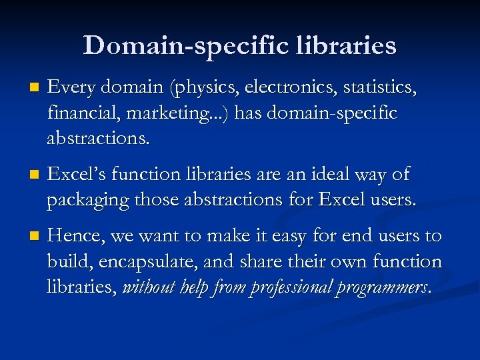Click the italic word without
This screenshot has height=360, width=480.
[x=147, y=288]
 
